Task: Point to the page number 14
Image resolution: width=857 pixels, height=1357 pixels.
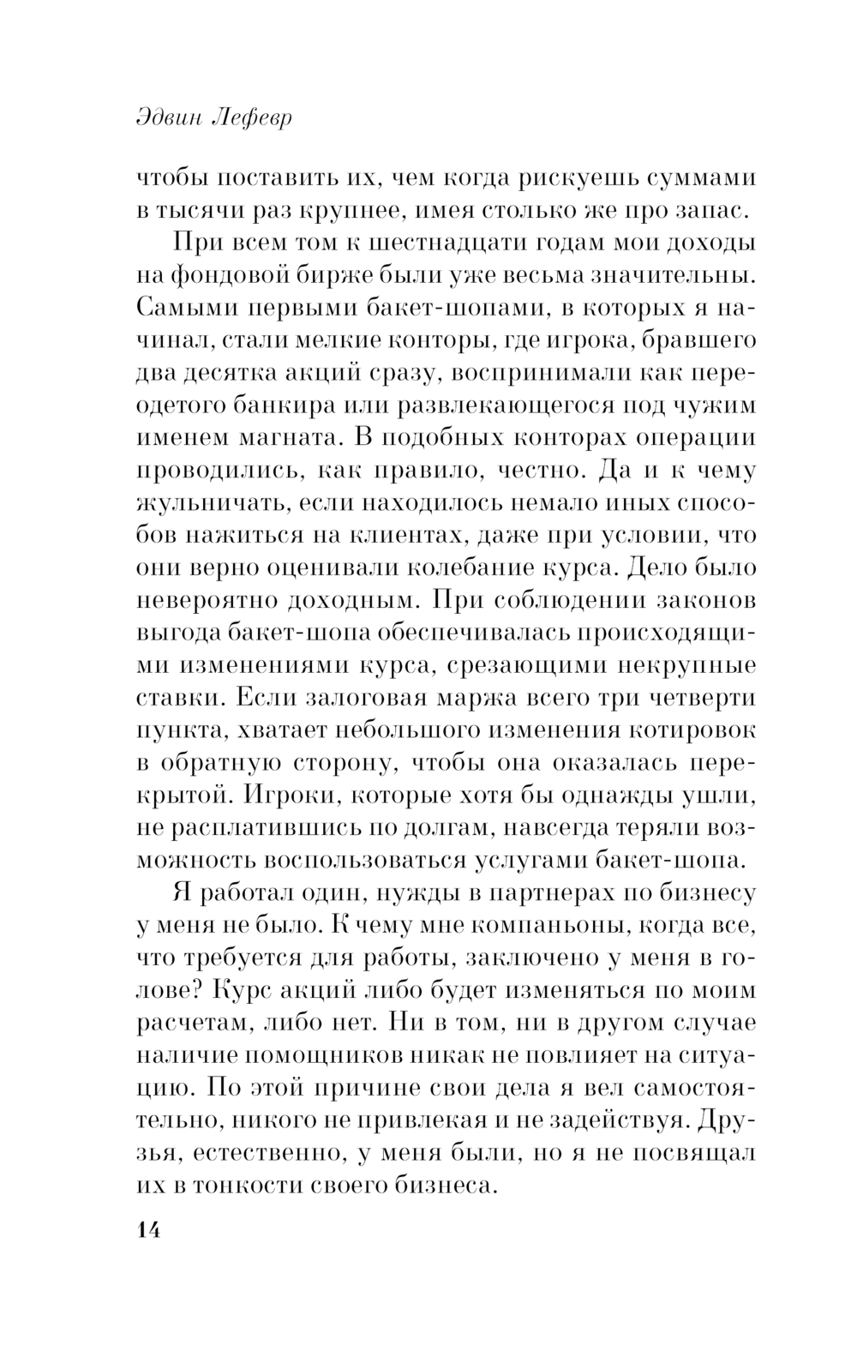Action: [x=147, y=1228]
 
